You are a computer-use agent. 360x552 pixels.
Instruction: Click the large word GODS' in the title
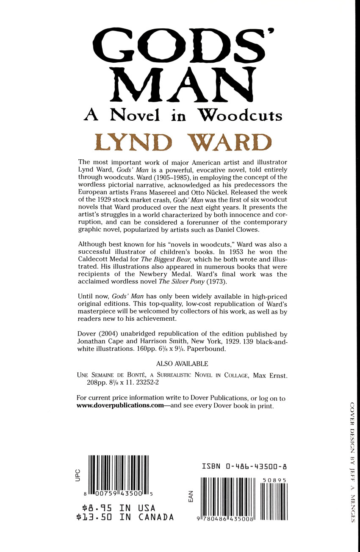click(x=180, y=46)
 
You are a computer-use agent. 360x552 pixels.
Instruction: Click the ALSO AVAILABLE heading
click(x=182, y=363)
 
